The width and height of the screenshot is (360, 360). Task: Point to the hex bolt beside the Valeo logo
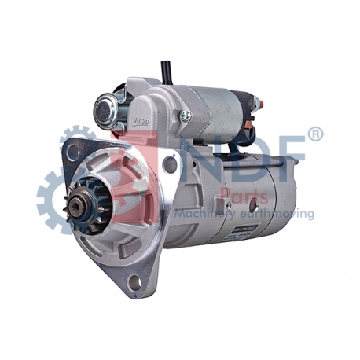coord(185,116)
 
